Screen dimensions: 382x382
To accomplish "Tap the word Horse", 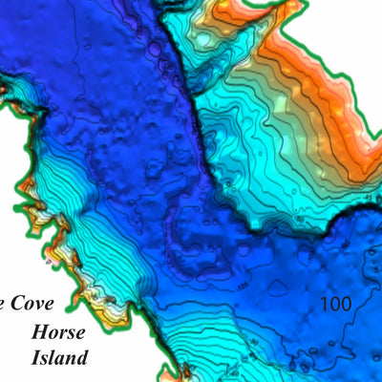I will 57,333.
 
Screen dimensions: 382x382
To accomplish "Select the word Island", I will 58,359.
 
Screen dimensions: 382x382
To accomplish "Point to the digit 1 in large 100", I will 325,305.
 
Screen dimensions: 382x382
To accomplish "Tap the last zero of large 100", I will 345,305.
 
